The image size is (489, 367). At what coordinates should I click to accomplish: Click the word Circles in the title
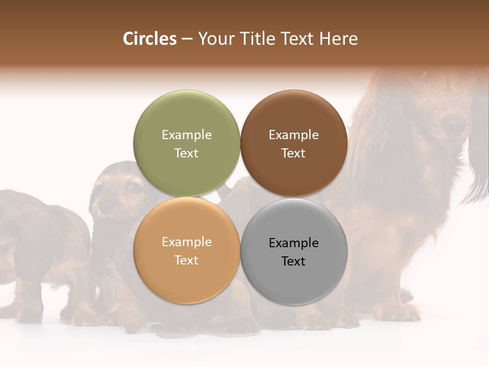(149, 39)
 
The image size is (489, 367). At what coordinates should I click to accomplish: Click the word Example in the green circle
(186, 135)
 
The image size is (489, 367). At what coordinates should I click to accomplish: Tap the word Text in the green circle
(186, 153)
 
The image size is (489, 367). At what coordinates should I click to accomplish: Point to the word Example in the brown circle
(293, 135)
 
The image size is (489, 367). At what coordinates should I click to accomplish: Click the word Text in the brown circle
(293, 153)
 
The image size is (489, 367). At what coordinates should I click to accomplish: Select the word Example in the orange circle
(186, 242)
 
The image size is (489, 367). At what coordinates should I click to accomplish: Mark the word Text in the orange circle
(186, 260)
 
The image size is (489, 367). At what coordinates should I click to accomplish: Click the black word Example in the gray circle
(293, 243)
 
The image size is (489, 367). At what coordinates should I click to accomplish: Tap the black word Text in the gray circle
(293, 261)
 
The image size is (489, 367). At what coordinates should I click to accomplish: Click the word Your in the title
(214, 39)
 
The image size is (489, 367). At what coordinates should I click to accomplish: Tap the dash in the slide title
(187, 39)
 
